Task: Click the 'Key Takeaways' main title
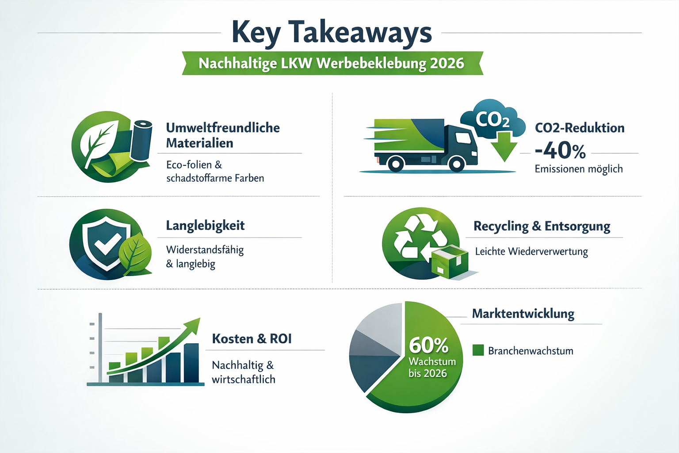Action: (x=332, y=33)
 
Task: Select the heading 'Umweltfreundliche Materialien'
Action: (x=223, y=135)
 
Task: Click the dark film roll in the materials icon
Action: (x=141, y=139)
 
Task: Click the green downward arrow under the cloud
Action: (x=504, y=148)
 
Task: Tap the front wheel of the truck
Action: (x=456, y=164)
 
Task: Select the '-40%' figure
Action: (x=560, y=151)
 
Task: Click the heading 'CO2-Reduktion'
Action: (x=580, y=128)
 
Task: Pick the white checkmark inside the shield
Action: (x=107, y=242)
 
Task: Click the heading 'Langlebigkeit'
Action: (x=205, y=226)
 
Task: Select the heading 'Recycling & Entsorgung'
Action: (x=542, y=226)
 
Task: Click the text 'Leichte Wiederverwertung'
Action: (x=531, y=252)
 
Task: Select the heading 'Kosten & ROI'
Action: (x=252, y=339)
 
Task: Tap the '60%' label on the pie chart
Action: (x=428, y=345)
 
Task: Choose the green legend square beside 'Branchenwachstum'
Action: (x=478, y=350)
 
